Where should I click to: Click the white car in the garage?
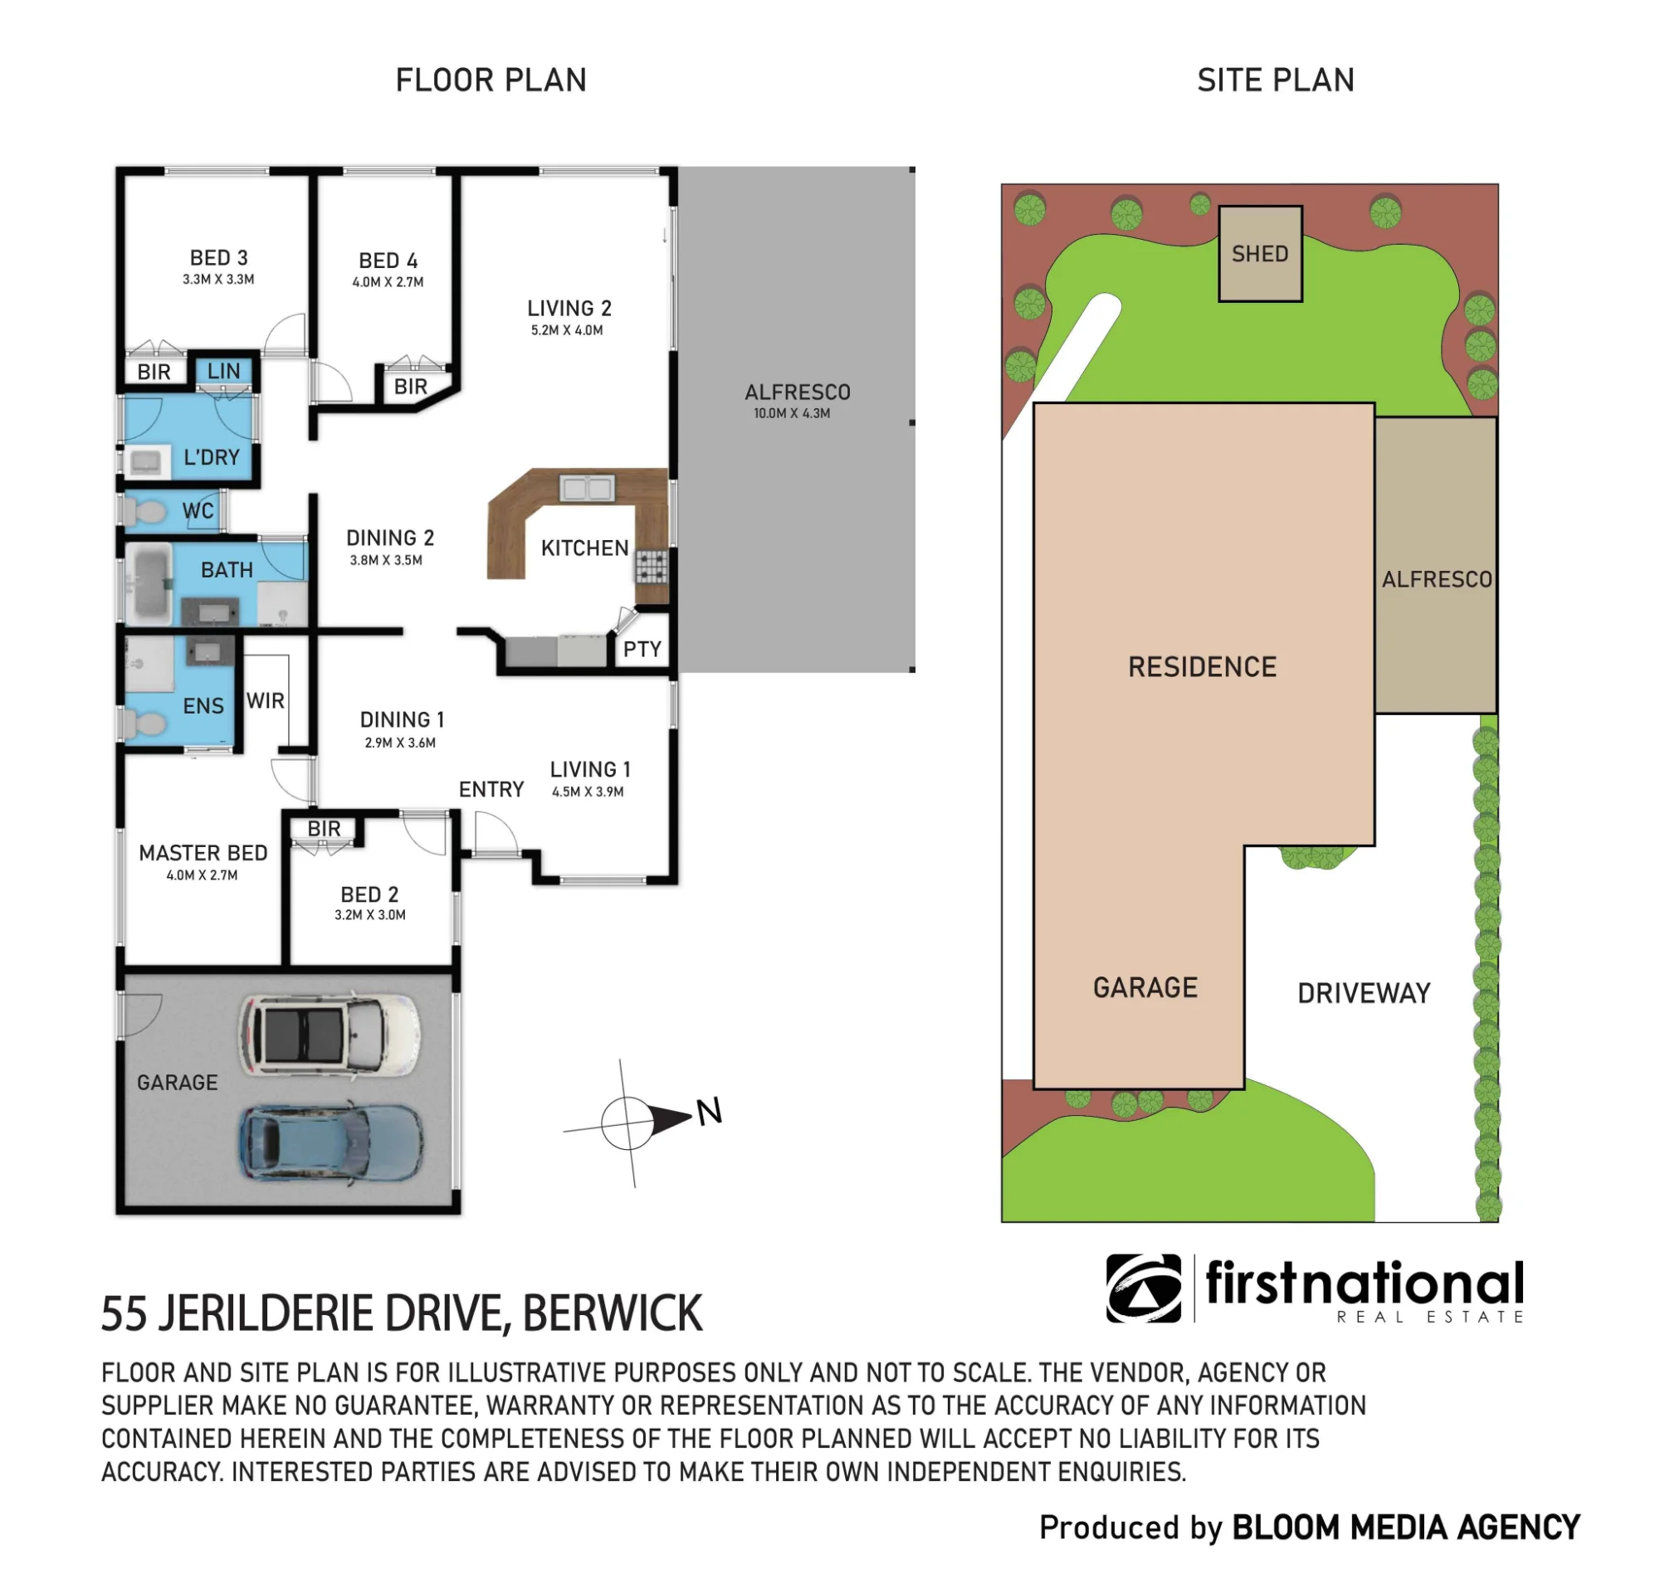point(330,1035)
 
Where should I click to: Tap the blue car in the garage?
point(331,1142)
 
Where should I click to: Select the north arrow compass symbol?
point(644,1122)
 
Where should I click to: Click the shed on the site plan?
point(1260,253)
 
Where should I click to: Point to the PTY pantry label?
point(642,650)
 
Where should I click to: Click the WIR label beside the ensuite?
point(265,700)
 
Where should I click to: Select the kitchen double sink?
point(587,488)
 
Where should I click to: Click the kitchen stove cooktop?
point(652,567)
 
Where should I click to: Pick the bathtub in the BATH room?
point(150,584)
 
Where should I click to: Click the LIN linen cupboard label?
point(223,371)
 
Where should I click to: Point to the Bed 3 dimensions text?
point(218,280)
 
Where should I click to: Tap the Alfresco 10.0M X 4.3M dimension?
point(792,414)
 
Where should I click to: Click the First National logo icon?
point(1144,1288)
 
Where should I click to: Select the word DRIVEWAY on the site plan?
point(1364,993)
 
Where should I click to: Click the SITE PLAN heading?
point(1276,80)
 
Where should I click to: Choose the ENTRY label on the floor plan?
point(491,789)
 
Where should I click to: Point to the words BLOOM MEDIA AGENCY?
point(1406,1528)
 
